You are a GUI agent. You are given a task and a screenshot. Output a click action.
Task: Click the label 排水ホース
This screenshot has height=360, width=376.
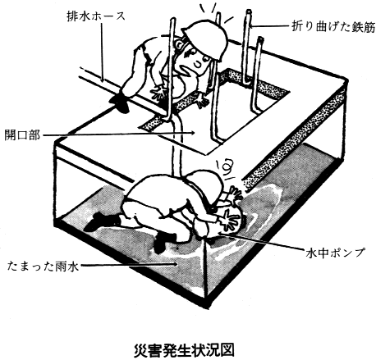96,16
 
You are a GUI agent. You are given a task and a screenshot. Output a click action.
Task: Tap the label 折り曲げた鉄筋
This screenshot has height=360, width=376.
332,28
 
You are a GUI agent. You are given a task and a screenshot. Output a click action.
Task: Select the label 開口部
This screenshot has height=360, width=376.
22,135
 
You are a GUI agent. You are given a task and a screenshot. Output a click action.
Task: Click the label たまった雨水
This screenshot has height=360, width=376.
44,266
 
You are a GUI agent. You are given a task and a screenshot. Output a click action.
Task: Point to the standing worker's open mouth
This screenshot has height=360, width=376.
198,64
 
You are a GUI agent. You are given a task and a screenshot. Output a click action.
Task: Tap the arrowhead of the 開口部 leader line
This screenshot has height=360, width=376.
192,133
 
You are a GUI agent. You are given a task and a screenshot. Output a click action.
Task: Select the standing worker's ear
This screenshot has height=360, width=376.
179,44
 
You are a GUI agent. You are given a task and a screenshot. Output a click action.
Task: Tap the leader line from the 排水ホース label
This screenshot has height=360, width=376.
102,52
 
